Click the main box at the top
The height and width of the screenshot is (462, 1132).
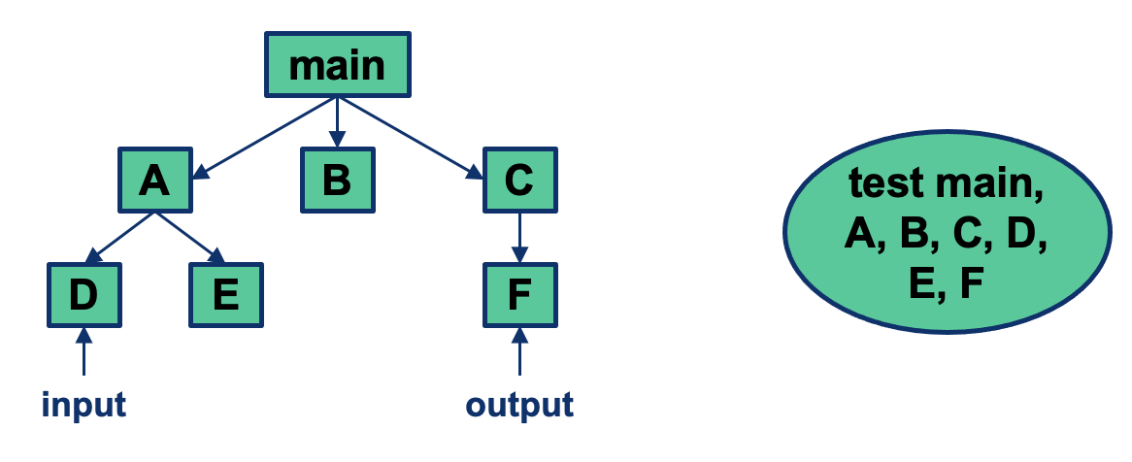(x=337, y=66)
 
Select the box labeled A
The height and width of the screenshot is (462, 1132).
(x=155, y=181)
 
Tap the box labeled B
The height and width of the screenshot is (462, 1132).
(x=336, y=181)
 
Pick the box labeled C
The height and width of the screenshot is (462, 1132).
(x=519, y=181)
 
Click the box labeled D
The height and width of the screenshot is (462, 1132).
(x=83, y=294)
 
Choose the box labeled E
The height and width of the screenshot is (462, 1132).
(x=225, y=294)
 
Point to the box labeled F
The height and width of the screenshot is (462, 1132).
(x=519, y=294)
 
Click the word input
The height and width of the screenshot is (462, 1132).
(x=83, y=404)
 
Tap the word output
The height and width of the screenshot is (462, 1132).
(x=519, y=404)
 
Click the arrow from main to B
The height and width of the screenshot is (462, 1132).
(x=336, y=122)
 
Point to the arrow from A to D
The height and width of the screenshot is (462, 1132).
(x=120, y=238)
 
